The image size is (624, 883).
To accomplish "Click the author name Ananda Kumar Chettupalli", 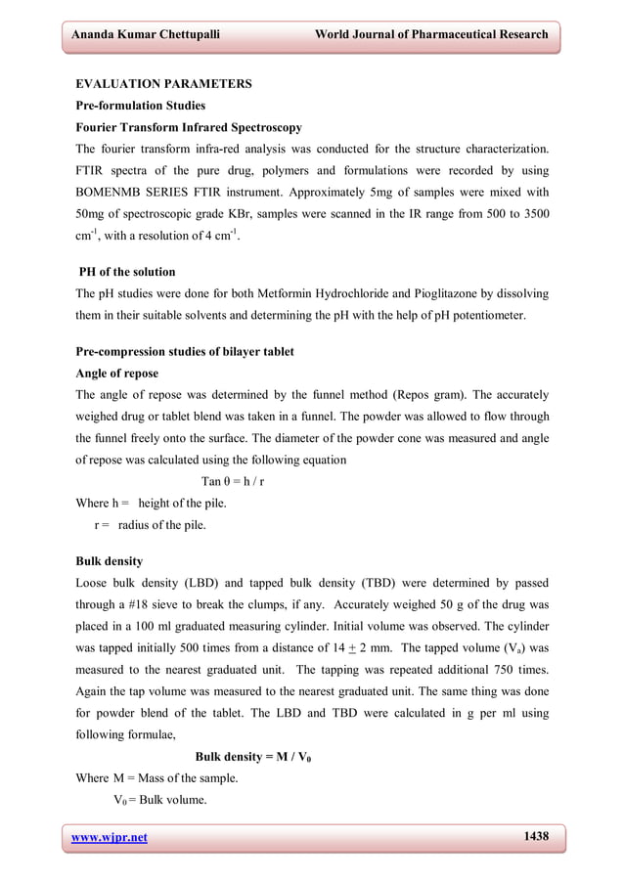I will point(143,34).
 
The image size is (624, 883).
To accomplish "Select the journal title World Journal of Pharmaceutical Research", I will point(431,34).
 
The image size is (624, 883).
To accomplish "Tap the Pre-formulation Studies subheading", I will point(140,106).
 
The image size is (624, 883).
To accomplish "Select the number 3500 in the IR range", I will point(532,213).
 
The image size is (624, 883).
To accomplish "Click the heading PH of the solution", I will point(127,271).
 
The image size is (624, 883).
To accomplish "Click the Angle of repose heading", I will point(116,373).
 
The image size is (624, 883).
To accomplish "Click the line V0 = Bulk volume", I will point(159,800).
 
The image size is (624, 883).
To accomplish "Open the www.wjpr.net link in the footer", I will point(107,837).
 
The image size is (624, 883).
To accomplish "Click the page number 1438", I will point(536,836).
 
